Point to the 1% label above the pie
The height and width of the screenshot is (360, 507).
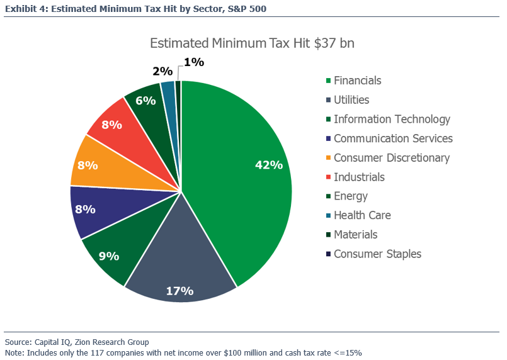193,62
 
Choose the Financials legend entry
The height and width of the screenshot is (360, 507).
357,81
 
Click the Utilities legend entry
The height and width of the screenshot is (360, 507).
351,100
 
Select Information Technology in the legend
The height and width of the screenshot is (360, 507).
392,119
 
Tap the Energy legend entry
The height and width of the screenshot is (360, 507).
351,196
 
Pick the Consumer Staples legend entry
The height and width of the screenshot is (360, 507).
377,254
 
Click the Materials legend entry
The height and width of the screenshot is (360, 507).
355,235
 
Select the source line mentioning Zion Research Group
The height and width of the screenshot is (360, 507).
77,342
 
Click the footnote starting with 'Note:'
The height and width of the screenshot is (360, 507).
183,352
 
